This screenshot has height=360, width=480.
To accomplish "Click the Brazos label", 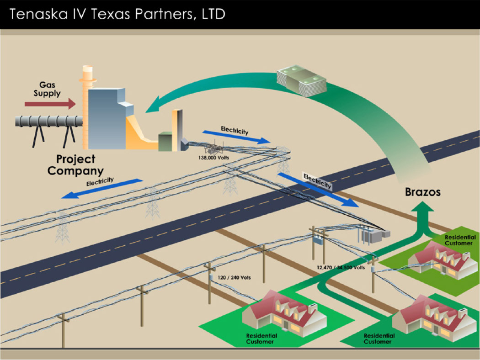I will [423, 192].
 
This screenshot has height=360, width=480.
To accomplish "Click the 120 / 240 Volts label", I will [234, 277].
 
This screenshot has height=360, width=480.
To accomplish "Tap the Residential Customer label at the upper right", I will [459, 240].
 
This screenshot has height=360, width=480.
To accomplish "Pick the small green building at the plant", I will [165, 141].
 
